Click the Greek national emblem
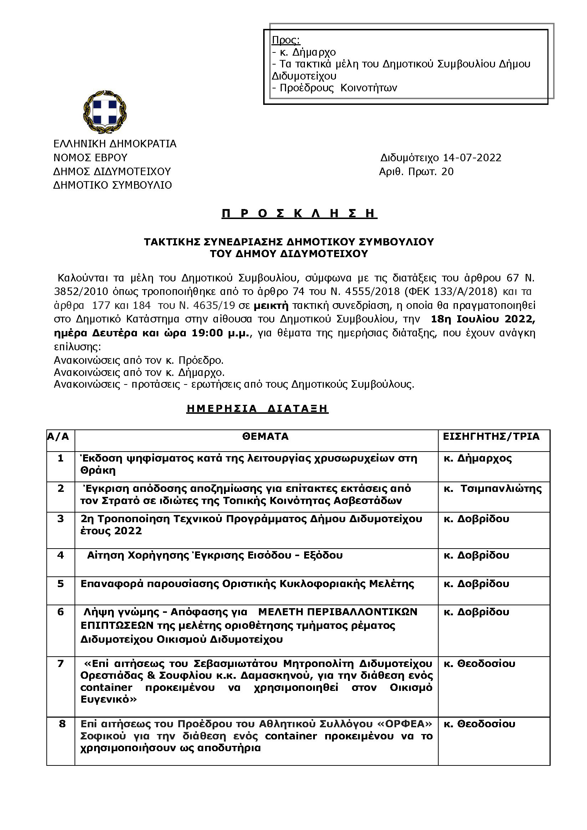pyautogui.click(x=105, y=112)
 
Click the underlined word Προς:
pyautogui.click(x=286, y=40)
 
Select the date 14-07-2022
pyautogui.click(x=472, y=158)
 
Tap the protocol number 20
pyautogui.click(x=448, y=172)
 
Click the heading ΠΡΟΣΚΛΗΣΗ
pyautogui.click(x=299, y=214)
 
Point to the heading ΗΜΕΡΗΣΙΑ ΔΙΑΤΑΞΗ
pyautogui.click(x=257, y=408)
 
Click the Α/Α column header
pyautogui.click(x=58, y=437)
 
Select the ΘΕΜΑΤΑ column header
pyautogui.click(x=265, y=437)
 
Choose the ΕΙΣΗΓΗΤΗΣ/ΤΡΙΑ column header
pyautogui.click(x=491, y=437)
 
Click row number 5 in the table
pyautogui.click(x=61, y=584)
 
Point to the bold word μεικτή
pyautogui.click(x=271, y=306)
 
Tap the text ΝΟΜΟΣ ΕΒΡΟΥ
pyautogui.click(x=90, y=158)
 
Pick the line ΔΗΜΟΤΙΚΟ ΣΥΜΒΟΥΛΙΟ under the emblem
pyautogui.click(x=112, y=185)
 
